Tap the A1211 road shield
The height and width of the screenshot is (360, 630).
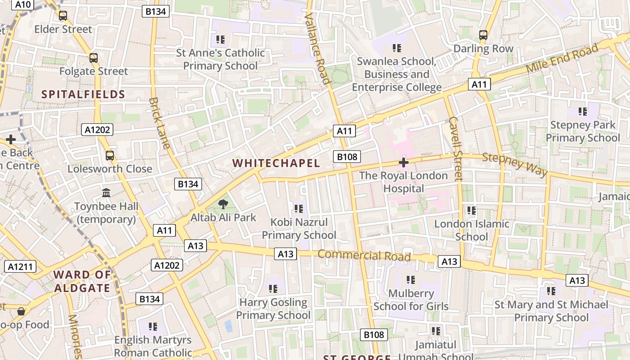pos(21,266)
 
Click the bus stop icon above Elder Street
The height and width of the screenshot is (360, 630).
pos(63,16)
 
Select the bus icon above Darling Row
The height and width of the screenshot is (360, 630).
pos(483,35)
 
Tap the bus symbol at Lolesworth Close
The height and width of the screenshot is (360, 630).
pos(110,156)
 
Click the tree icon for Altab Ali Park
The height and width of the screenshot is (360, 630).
pos(223,205)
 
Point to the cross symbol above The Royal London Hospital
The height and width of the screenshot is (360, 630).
pos(404,162)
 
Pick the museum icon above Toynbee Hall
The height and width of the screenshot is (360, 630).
pos(106,193)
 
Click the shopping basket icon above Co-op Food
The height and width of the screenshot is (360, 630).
pos(21,311)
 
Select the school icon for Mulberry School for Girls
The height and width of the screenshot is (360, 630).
pos(410,280)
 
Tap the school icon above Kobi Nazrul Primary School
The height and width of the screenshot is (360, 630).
pos(299,209)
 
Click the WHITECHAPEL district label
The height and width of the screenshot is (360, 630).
pos(276,163)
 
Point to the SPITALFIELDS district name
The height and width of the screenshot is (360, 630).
pos(83,94)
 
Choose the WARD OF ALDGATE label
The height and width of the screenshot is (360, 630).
pos(82,281)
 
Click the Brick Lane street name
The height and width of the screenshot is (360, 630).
pos(160,123)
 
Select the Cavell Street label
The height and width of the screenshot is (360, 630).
pos(455,148)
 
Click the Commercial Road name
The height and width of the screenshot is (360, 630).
pos(364,256)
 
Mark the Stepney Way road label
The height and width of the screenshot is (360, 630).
pos(515,165)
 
